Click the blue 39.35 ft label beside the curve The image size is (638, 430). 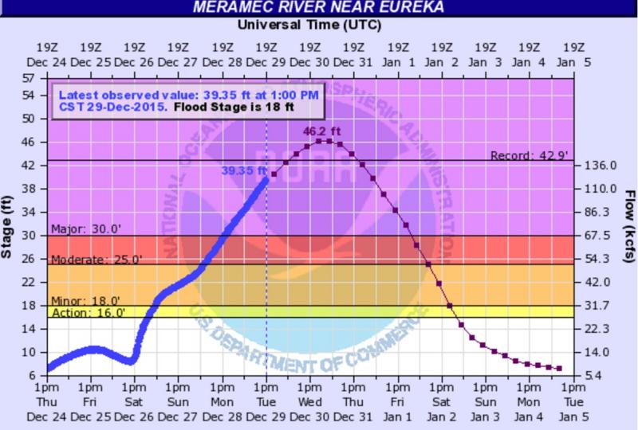pyautogui.click(x=242, y=169)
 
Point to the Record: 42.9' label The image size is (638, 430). pyautogui.click(x=529, y=155)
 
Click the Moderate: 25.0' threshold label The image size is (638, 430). pyautogui.click(x=96, y=260)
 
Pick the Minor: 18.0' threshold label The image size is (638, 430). pyautogui.click(x=85, y=301)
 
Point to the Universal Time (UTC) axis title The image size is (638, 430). pyautogui.click(x=309, y=25)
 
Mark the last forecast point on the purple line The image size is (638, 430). pyautogui.click(x=559, y=368)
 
